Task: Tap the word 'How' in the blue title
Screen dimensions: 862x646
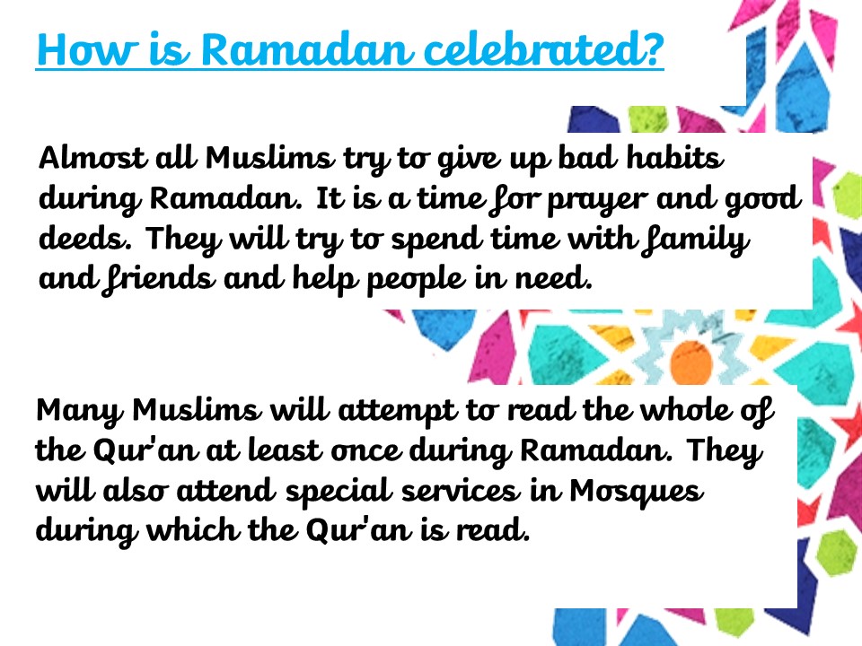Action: pyautogui.click(x=86, y=50)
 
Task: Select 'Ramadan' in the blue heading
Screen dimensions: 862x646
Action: pyautogui.click(x=306, y=50)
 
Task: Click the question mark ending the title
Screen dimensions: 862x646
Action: pyautogui.click(x=652, y=50)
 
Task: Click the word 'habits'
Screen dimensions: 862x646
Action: pyautogui.click(x=675, y=157)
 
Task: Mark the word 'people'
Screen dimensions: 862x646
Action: pyautogui.click(x=415, y=280)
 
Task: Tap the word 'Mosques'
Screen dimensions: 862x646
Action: pyautogui.click(x=636, y=492)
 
